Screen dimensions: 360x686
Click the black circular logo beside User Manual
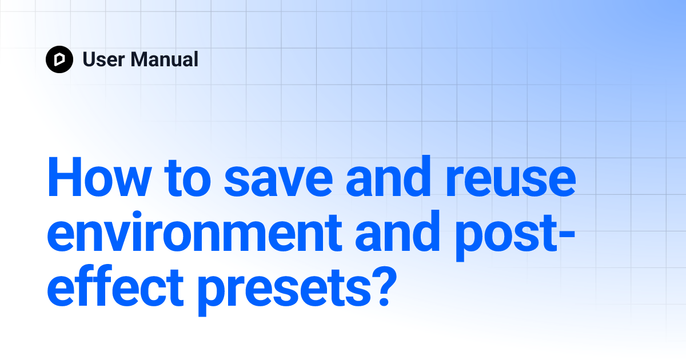point(59,59)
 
